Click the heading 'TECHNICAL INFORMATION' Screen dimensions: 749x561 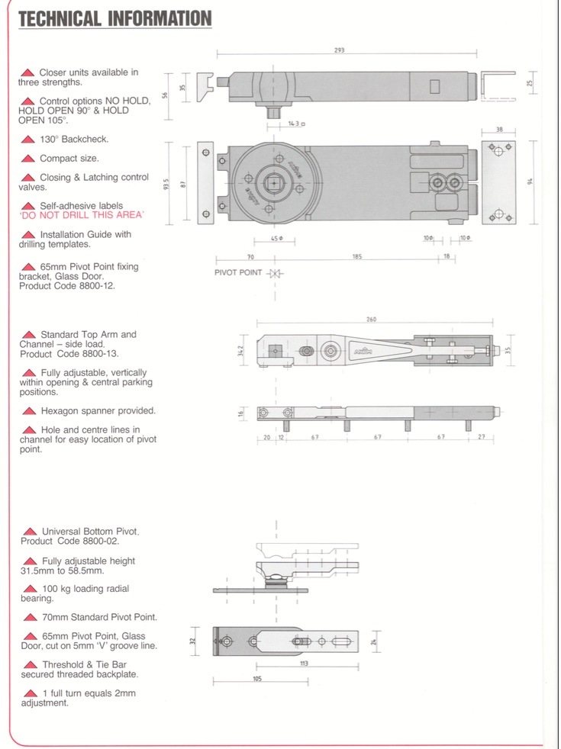point(114,18)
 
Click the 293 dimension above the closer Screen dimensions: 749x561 point(339,50)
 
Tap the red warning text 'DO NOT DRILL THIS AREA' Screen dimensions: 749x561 point(82,216)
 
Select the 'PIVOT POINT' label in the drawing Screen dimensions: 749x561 point(238,273)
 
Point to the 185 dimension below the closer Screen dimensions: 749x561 point(357,257)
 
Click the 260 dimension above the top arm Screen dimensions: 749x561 point(371,320)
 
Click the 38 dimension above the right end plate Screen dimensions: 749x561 point(499,130)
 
